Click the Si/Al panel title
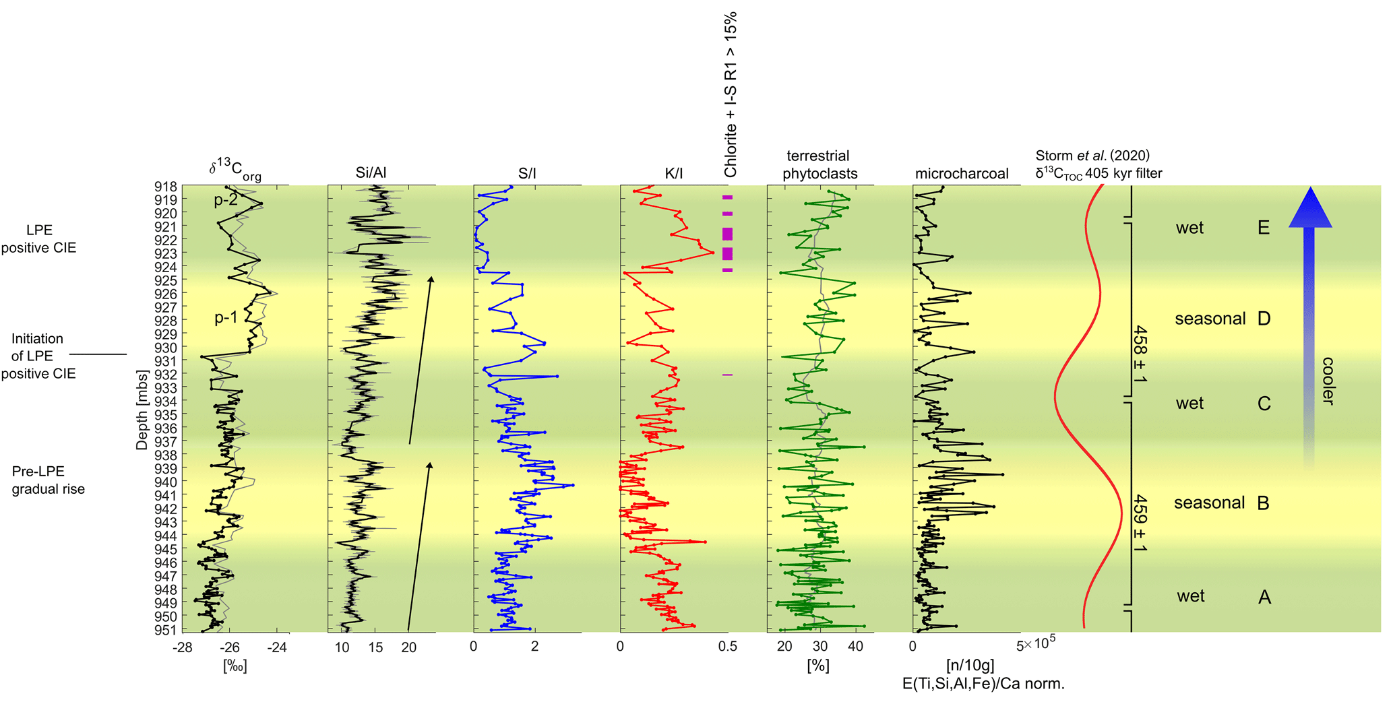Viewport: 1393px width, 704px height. [x=371, y=174]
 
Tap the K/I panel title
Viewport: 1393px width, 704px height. [x=673, y=174]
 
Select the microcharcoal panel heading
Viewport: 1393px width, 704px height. [x=961, y=174]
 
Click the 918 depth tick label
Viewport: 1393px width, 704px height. [x=166, y=187]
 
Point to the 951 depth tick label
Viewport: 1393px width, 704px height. [x=166, y=630]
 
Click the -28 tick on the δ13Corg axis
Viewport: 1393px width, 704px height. [x=181, y=648]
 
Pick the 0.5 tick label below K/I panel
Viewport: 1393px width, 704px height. [x=727, y=647]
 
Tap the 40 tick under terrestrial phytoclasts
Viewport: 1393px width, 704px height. [x=855, y=647]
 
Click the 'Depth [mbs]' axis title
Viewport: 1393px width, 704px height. [x=142, y=409]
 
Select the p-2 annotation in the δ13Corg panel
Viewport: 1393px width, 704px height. [x=226, y=200]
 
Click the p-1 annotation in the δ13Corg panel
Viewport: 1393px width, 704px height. [x=226, y=317]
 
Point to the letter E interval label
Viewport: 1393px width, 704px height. [x=1264, y=228]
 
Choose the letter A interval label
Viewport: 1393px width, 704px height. [x=1264, y=597]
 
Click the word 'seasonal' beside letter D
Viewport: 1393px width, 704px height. [x=1210, y=319]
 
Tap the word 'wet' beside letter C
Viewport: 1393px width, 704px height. [x=1189, y=404]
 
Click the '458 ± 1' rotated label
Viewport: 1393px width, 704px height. [x=1140, y=354]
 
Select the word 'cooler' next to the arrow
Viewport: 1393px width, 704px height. [x=1328, y=381]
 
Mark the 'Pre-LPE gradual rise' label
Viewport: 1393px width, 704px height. [x=48, y=480]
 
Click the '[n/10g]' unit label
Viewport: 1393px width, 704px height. [x=970, y=666]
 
